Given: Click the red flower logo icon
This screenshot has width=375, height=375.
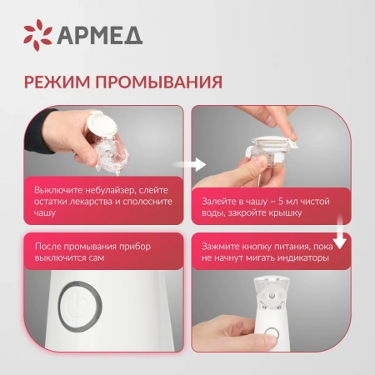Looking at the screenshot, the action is point(37,35).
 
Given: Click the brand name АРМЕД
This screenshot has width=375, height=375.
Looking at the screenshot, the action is point(100,36).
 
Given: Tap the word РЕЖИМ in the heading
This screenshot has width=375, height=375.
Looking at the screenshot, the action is point(57,82).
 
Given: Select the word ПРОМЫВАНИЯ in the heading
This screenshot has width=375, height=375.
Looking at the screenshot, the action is point(159,82).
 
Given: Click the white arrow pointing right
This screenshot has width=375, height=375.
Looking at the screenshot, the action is point(189,164).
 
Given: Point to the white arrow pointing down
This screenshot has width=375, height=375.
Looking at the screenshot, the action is point(340,232).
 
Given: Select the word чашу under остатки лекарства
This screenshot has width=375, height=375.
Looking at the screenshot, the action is point(45,213).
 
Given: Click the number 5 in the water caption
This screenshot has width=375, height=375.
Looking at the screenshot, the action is point(281,202).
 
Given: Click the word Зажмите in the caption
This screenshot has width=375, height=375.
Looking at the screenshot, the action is point(220,247).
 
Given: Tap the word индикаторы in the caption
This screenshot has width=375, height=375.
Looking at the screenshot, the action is point(303,258).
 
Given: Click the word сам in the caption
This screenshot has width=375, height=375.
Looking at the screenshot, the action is point(97,258).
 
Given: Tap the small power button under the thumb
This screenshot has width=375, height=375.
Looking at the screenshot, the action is point(272,333).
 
